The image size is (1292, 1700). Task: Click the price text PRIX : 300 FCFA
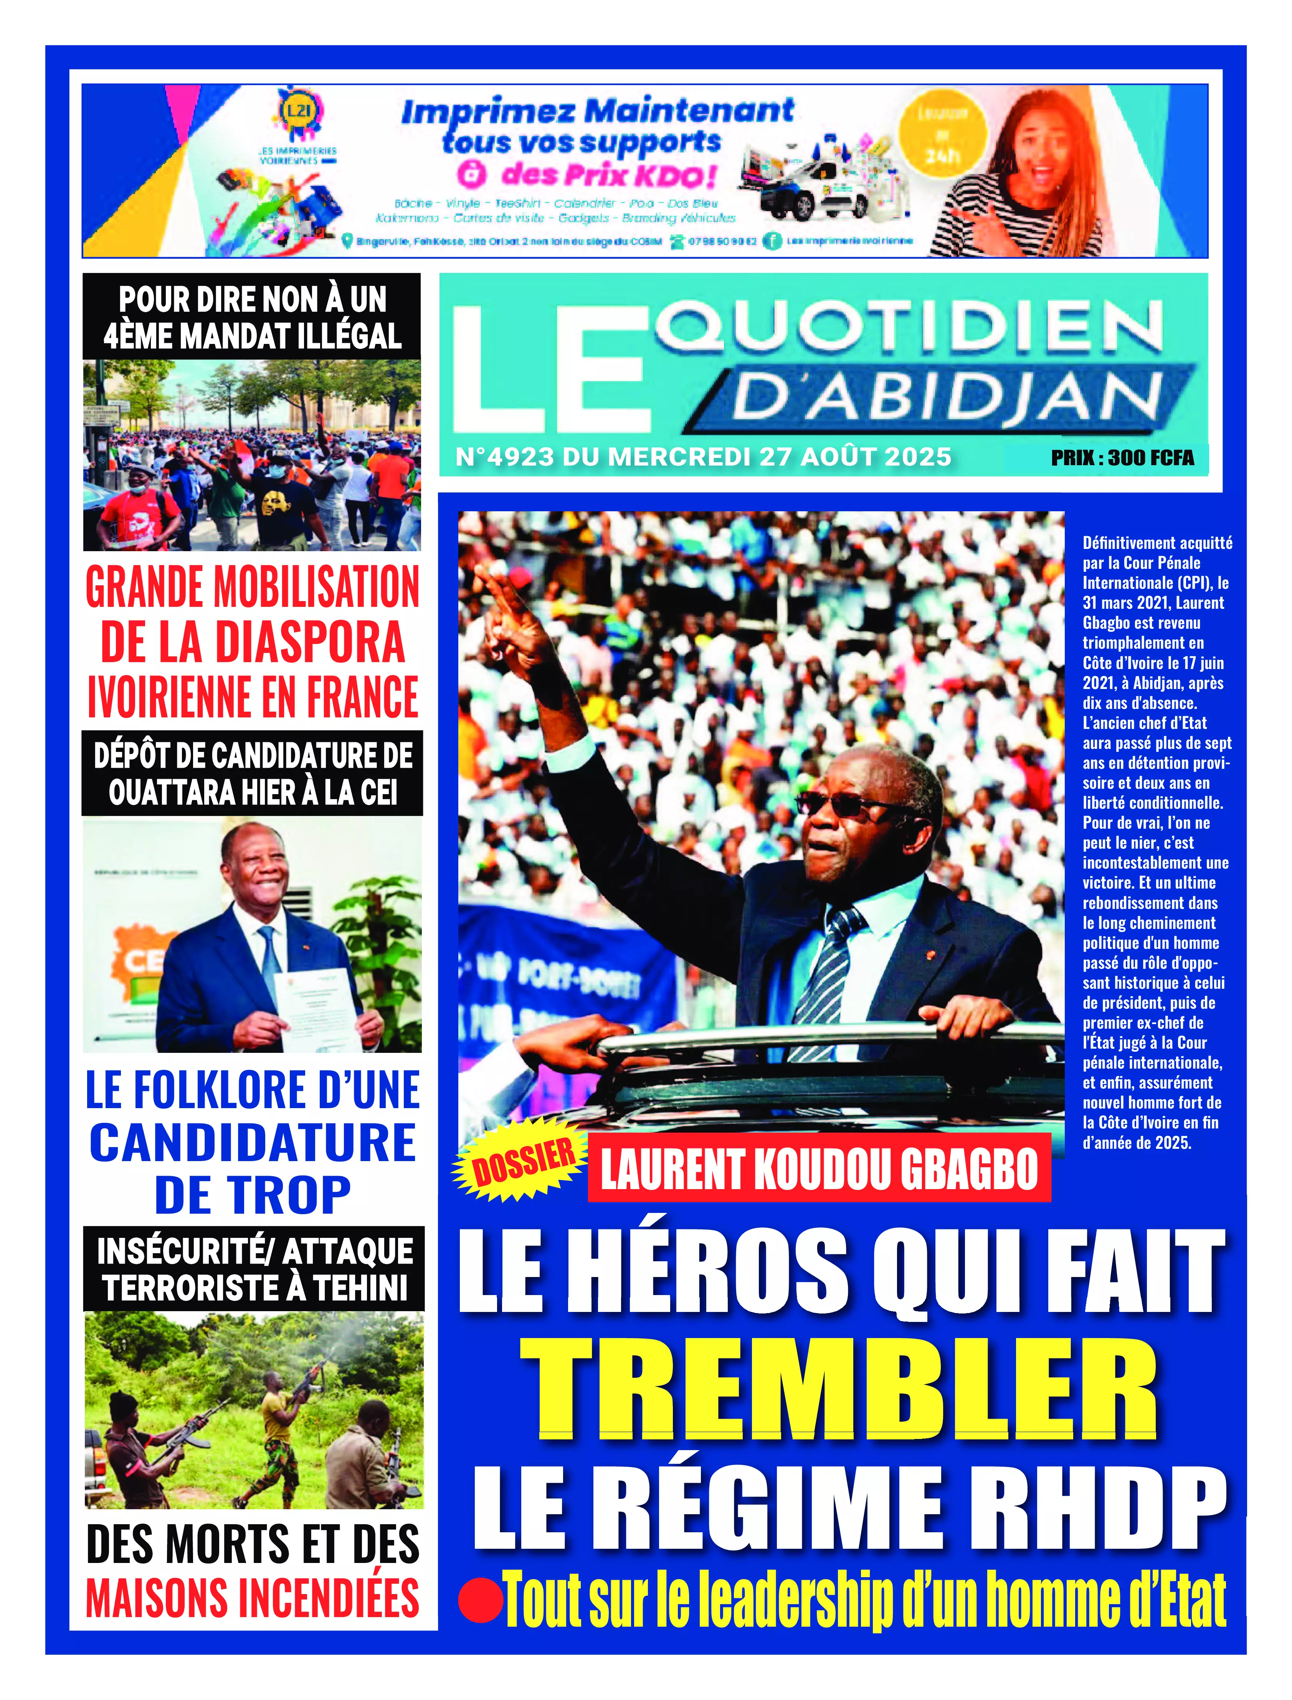[1122, 458]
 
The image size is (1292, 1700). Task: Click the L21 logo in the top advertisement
[298, 110]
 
